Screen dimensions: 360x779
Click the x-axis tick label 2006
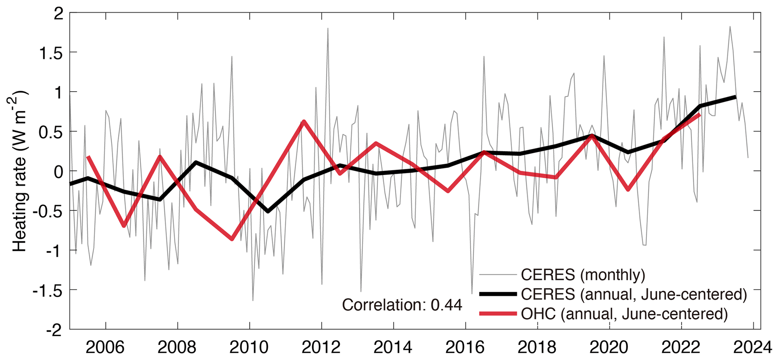point(105,348)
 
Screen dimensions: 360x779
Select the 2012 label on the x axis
point(321,348)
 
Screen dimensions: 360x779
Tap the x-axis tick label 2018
point(537,348)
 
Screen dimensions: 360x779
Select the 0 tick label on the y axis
point(58,171)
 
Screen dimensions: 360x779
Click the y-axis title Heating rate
point(20,172)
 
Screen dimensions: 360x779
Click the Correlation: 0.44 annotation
point(402,305)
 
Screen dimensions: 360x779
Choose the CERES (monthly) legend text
point(583,275)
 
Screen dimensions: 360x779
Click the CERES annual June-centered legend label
point(634,294)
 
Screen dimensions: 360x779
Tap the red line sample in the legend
point(497,314)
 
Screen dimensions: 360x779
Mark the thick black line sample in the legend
point(497,294)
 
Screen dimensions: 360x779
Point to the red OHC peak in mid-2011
point(303,121)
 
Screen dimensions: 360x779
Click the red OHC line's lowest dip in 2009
point(232,239)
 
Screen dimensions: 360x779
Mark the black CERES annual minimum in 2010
point(268,211)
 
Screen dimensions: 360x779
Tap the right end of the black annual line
point(735,97)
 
